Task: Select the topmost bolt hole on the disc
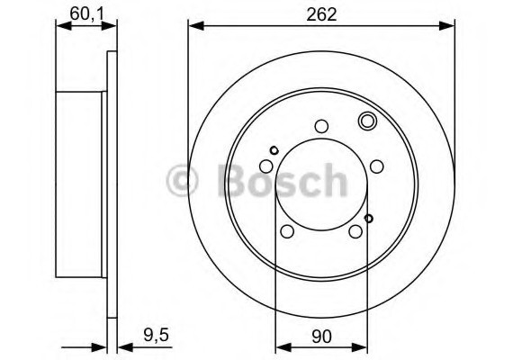pyautogui.click(x=321, y=127)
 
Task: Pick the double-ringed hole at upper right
pyautogui.click(x=367, y=121)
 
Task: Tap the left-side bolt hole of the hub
pyautogui.click(x=265, y=166)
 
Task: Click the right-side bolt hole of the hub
pyautogui.click(x=377, y=166)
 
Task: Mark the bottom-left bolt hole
pyautogui.click(x=287, y=232)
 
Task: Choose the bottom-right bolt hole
pyautogui.click(x=355, y=232)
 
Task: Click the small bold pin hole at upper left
pyautogui.click(x=274, y=149)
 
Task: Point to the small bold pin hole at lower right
pyautogui.click(x=369, y=217)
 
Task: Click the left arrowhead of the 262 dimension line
pyautogui.click(x=193, y=26)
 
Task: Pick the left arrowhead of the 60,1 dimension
pyautogui.click(x=61, y=26)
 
